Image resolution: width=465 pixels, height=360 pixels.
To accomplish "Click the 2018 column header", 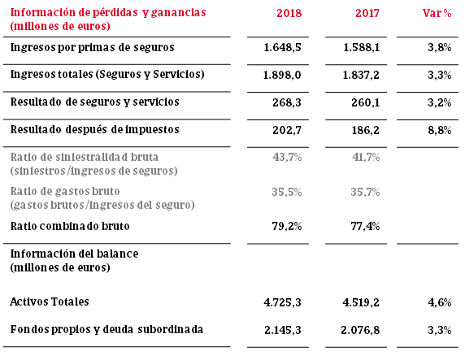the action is pyautogui.click(x=289, y=13).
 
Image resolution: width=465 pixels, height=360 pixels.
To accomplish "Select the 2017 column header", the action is pyautogui.click(x=367, y=13).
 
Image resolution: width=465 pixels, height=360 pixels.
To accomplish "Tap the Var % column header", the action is pyautogui.click(x=437, y=13).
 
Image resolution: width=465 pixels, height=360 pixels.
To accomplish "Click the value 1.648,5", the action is pyautogui.click(x=282, y=47).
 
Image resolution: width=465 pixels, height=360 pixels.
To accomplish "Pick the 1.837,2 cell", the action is pyautogui.click(x=361, y=75).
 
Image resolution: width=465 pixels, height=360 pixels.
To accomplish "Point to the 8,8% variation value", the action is pyautogui.click(x=440, y=130).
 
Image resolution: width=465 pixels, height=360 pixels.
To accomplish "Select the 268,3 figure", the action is pyautogui.click(x=287, y=102).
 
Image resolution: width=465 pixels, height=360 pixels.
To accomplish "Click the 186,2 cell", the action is pyautogui.click(x=365, y=130).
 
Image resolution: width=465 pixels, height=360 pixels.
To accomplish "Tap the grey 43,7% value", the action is pyautogui.click(x=287, y=157).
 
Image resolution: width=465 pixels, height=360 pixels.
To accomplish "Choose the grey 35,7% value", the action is pyautogui.click(x=365, y=192).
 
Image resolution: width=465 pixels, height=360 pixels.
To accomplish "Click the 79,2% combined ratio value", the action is pyautogui.click(x=287, y=226).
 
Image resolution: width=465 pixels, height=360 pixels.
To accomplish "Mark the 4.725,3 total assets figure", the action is pyautogui.click(x=282, y=302).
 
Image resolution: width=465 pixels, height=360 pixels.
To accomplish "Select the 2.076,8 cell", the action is pyautogui.click(x=360, y=330).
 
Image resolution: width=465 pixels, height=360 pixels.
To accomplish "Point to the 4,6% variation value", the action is pyautogui.click(x=440, y=302).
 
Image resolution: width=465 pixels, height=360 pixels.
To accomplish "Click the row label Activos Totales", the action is pyautogui.click(x=50, y=301).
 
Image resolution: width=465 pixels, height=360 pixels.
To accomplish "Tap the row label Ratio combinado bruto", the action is pyautogui.click(x=70, y=226).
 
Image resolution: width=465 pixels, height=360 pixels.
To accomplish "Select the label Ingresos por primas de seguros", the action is pyautogui.click(x=92, y=47).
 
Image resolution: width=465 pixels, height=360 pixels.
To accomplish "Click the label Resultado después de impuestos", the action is pyautogui.click(x=95, y=130).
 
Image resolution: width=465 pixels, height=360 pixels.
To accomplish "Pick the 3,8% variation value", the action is pyautogui.click(x=440, y=47).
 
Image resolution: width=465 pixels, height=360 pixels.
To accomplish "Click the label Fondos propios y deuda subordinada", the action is pyautogui.click(x=106, y=330).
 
